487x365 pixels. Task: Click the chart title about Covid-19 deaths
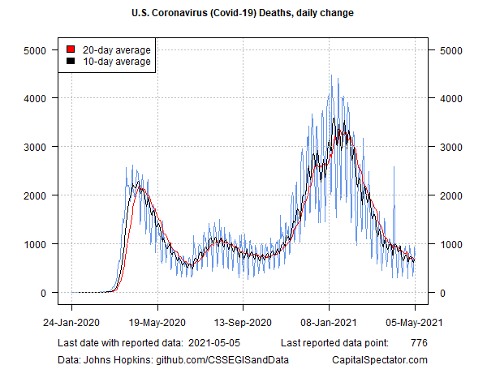243,13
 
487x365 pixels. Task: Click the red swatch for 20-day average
71,49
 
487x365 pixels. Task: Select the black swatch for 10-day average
71,61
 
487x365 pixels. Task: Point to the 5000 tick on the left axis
54,50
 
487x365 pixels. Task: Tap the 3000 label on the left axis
35,147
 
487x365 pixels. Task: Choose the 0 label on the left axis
43,293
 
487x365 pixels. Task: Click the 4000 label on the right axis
451,99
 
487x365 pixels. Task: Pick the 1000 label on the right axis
451,245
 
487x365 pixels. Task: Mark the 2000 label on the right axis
451,195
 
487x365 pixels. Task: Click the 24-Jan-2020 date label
71,323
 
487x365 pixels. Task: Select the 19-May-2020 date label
157,323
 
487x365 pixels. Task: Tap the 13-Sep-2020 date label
243,323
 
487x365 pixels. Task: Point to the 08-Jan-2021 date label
329,323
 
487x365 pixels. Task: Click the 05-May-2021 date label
414,323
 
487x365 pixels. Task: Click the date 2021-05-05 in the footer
214,343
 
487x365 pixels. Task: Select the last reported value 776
419,343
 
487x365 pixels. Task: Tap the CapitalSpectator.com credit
380,359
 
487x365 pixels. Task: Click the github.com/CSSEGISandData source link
222,359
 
